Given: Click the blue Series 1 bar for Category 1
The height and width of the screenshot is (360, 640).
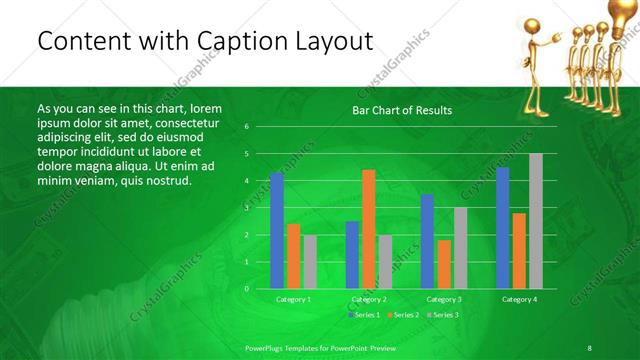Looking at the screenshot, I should pos(277,231).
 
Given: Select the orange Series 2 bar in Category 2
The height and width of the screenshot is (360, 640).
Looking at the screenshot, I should pos(369,229).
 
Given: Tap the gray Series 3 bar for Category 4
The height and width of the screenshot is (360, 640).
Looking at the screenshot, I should pos(536,221).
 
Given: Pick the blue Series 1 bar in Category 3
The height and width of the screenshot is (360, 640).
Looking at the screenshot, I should pos(427,241).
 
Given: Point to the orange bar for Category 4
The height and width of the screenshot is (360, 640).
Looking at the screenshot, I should pos(519,251).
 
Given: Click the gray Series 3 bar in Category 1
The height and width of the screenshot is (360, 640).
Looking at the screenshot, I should pos(310,262).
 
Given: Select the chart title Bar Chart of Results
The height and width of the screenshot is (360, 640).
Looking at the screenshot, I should pos(402,110).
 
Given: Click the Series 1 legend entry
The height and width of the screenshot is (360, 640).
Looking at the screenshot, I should pos(365,315).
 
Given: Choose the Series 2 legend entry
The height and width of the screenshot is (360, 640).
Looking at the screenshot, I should pos(403,315).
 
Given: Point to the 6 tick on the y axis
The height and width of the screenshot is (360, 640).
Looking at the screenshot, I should pos(246,127).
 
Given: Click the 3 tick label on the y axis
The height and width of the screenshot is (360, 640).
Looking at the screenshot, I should pos(246,208).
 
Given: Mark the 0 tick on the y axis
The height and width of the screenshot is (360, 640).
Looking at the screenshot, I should pos(246,289).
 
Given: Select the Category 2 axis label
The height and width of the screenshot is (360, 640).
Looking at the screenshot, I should pos(369,299).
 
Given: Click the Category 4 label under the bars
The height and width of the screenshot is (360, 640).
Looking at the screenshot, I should pos(519,299).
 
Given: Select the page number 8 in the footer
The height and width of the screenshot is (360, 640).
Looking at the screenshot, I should pos(590,347).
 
